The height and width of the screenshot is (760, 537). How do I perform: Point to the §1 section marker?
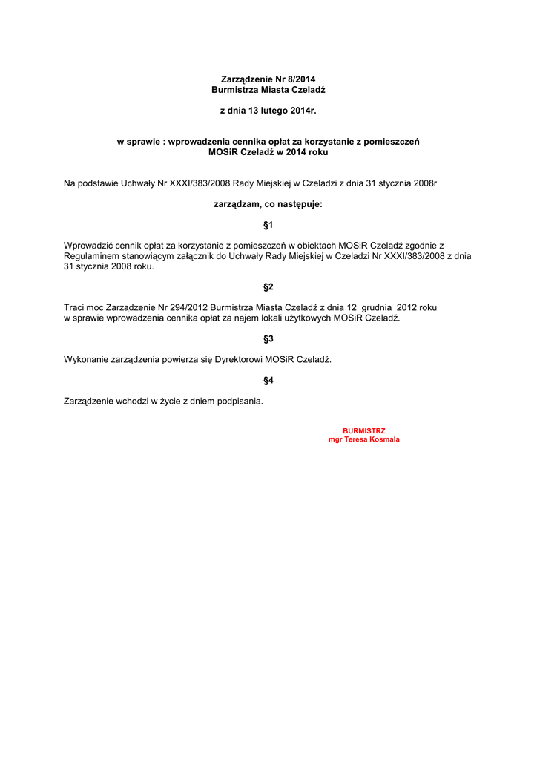coord(268,224)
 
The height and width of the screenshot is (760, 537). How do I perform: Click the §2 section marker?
coord(268,286)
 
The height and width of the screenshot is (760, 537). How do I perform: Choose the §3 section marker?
coord(268,338)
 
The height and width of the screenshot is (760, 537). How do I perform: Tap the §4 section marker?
coord(268,381)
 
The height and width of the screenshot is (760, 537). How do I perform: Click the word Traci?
coord(76,307)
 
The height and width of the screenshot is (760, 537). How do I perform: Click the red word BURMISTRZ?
coord(363,430)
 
